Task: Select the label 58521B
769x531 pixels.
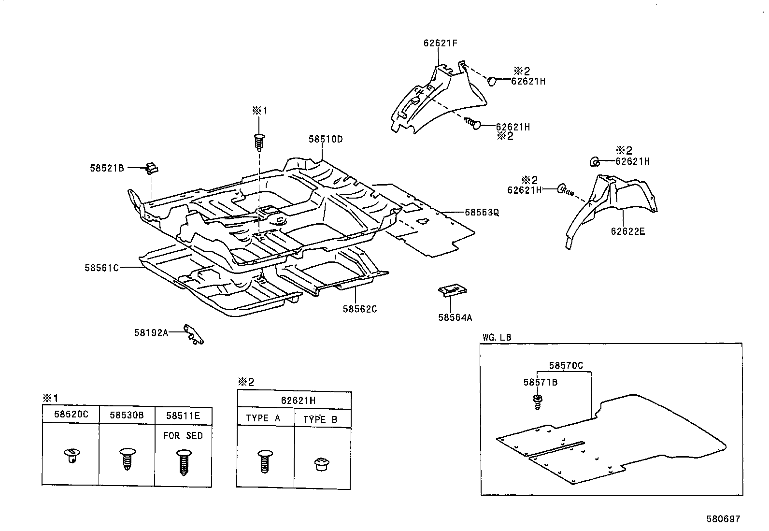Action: coord(107,168)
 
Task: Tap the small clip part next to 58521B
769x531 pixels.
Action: coord(152,168)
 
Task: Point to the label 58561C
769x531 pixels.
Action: coord(101,268)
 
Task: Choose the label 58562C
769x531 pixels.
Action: coord(359,309)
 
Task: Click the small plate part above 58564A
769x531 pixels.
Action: coord(452,289)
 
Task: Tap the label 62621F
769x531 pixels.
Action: coord(440,43)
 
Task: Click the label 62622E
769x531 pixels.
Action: coord(627,231)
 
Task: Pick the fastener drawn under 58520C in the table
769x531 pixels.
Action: coord(71,455)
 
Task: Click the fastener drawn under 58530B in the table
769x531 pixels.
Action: coord(127,458)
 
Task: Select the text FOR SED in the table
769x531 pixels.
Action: coord(183,436)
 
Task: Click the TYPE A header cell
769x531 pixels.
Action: coord(263,418)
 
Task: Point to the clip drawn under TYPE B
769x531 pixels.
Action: coord(321,464)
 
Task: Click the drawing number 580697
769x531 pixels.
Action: coord(723,519)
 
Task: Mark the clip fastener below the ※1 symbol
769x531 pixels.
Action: coord(259,141)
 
